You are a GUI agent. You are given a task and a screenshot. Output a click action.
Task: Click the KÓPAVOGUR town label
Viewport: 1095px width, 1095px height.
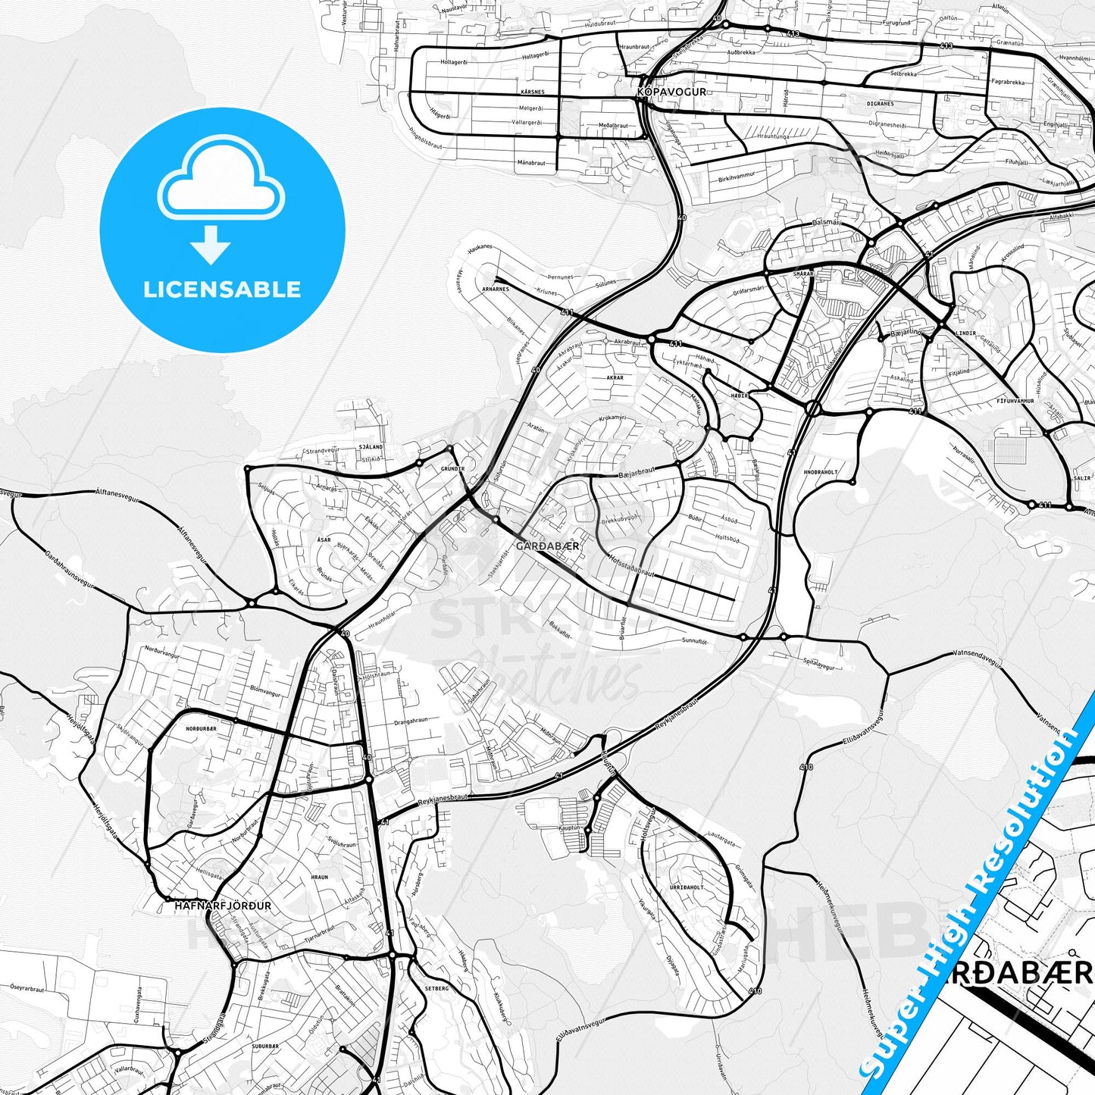pyautogui.click(x=671, y=92)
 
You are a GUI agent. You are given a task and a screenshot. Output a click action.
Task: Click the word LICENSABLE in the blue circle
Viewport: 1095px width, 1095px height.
pyautogui.click(x=222, y=289)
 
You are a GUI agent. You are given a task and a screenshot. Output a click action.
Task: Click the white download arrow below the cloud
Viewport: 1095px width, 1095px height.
pyautogui.click(x=211, y=244)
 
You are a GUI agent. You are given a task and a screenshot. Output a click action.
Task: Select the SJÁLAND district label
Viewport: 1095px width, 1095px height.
pyautogui.click(x=371, y=447)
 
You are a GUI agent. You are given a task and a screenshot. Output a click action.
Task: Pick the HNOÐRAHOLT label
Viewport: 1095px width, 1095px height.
pyautogui.click(x=821, y=472)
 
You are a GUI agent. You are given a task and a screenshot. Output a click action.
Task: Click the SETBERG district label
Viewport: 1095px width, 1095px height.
pyautogui.click(x=437, y=988)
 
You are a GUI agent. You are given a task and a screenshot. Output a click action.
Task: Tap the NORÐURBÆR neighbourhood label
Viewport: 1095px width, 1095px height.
pyautogui.click(x=201, y=728)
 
